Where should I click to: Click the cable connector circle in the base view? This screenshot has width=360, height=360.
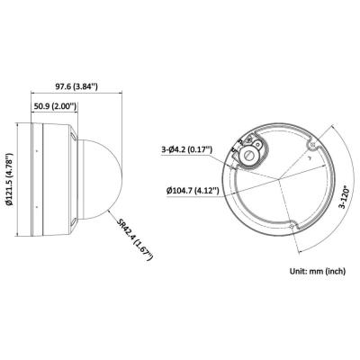(248, 154)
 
